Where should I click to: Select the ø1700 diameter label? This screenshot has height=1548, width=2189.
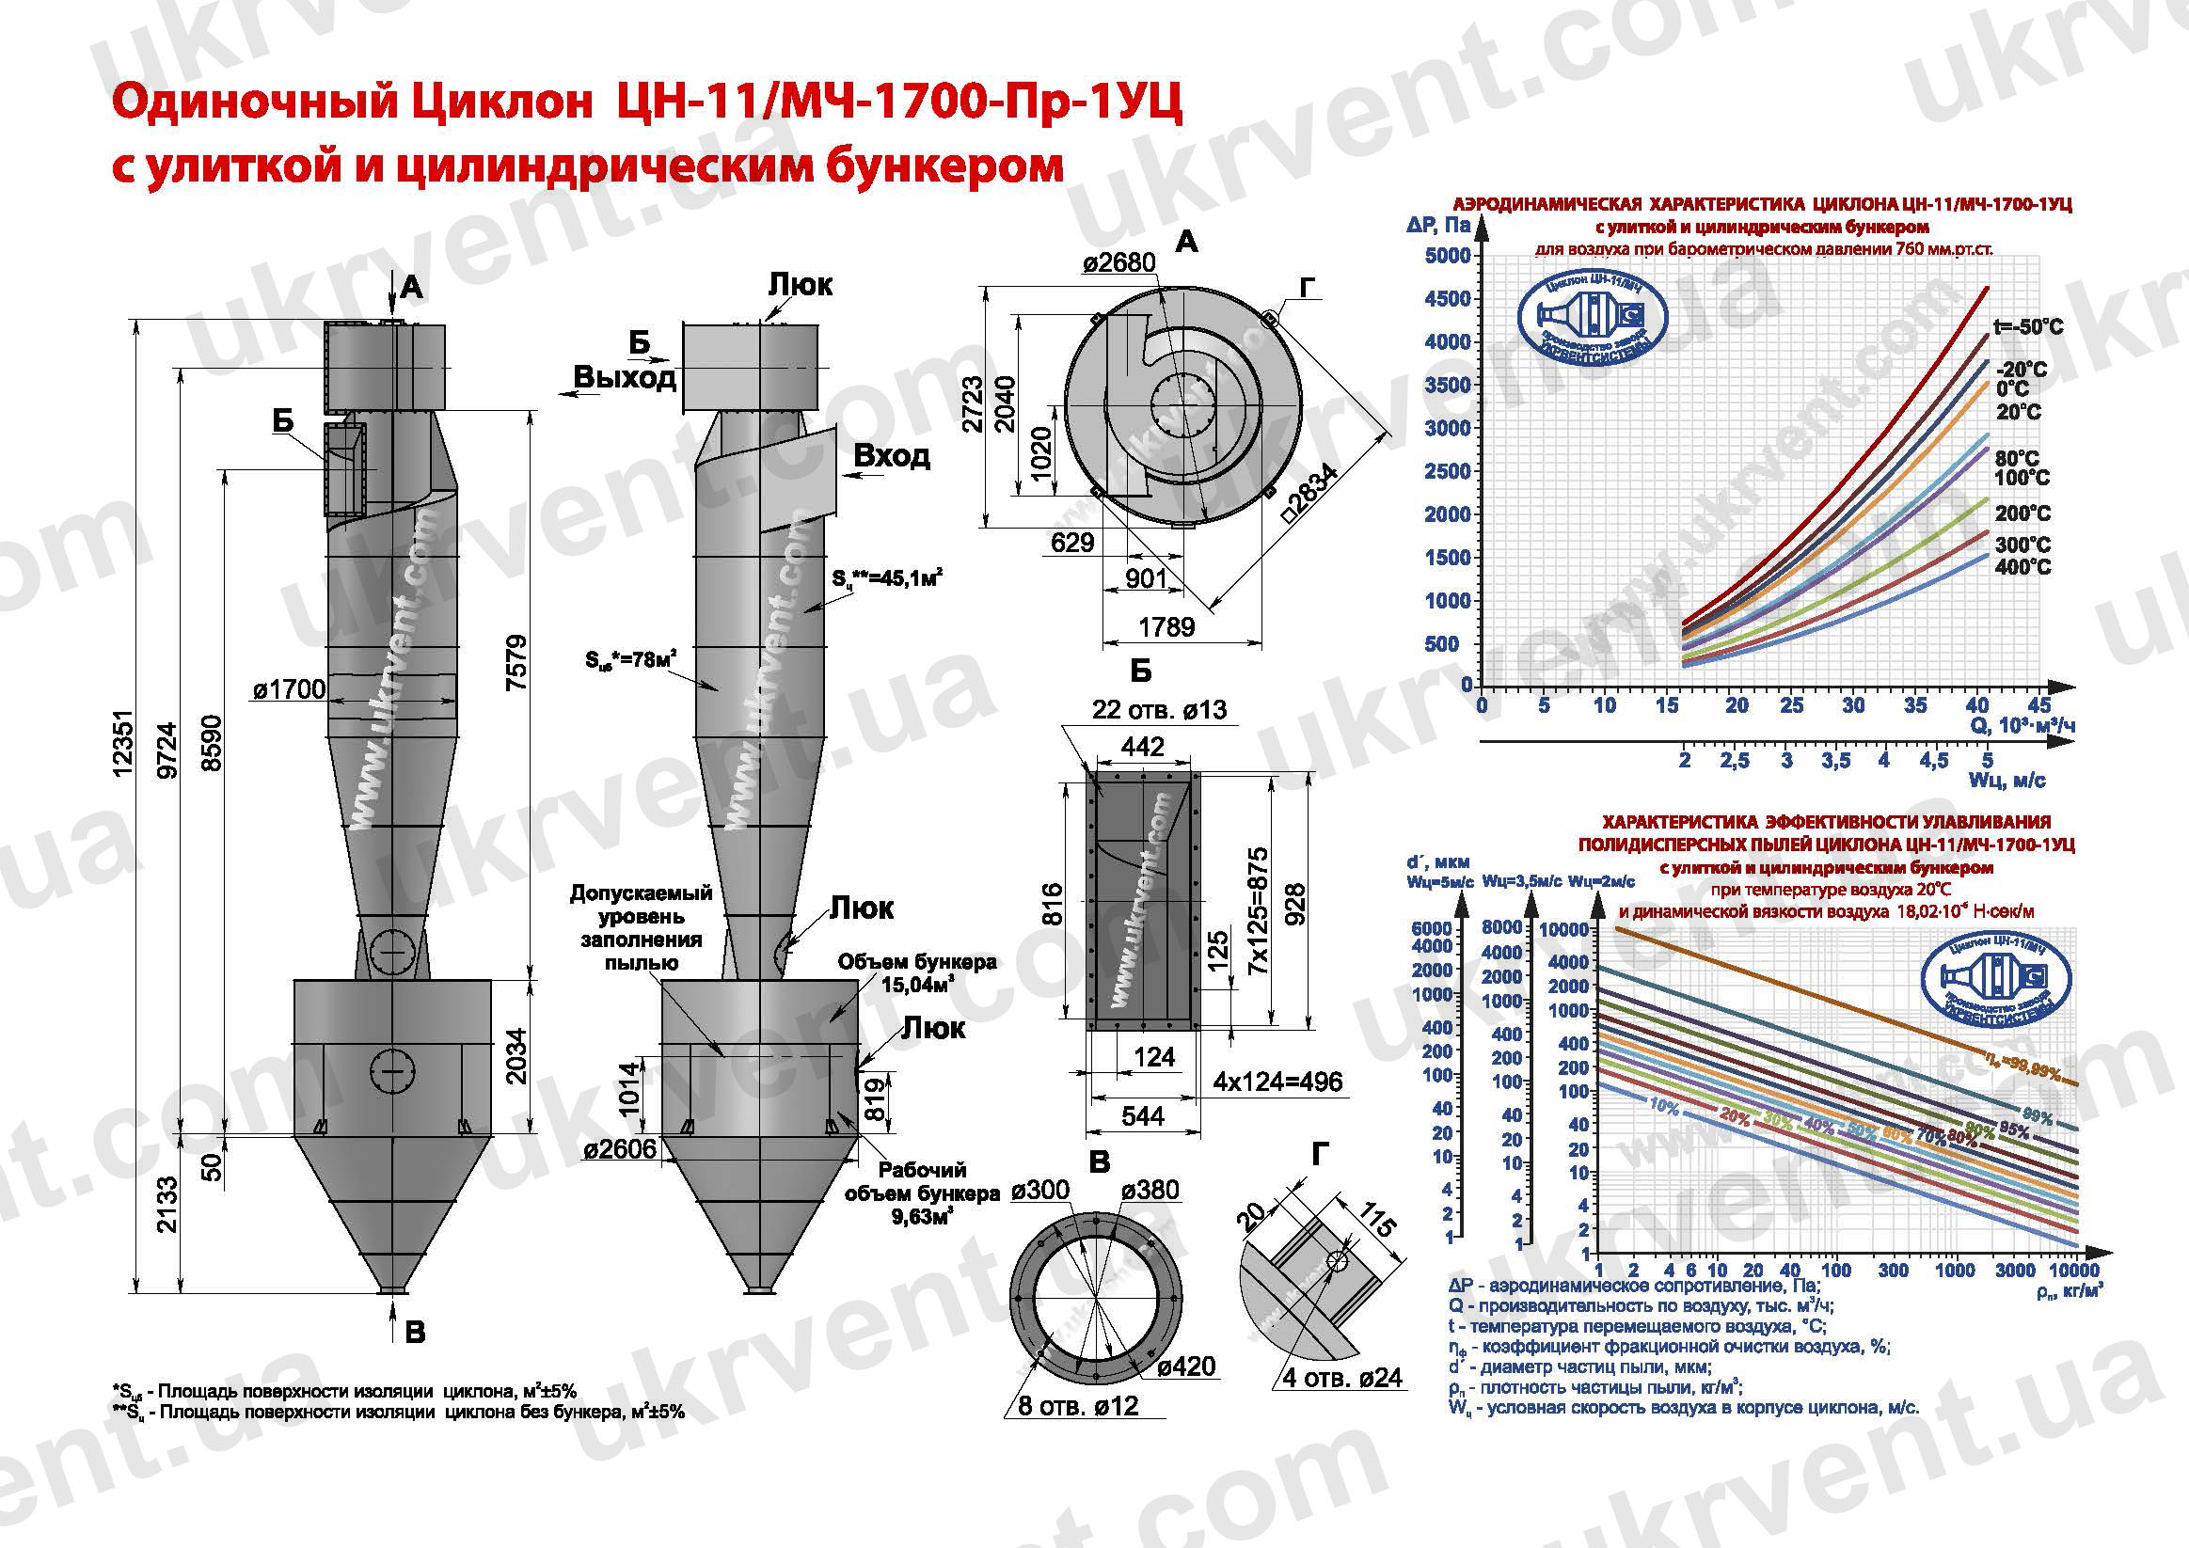[289, 689]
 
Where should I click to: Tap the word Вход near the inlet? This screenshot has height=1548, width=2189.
[892, 456]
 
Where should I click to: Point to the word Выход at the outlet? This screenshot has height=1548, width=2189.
[625, 377]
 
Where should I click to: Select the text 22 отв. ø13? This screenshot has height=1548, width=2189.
[1159, 709]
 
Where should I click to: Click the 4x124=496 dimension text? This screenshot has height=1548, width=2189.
[1277, 1082]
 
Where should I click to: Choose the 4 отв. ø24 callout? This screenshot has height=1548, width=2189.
[1341, 1378]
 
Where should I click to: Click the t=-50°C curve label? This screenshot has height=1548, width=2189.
[2028, 327]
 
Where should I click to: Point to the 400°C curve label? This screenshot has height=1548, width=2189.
[2022, 567]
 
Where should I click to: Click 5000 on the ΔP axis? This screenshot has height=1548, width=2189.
[1447, 256]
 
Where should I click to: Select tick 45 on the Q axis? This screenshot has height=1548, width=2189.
[2038, 705]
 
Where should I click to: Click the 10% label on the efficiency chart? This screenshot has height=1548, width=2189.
[1664, 1107]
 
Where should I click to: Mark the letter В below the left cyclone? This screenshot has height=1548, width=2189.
[415, 1332]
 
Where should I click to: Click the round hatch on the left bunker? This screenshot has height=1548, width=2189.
[390, 1074]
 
